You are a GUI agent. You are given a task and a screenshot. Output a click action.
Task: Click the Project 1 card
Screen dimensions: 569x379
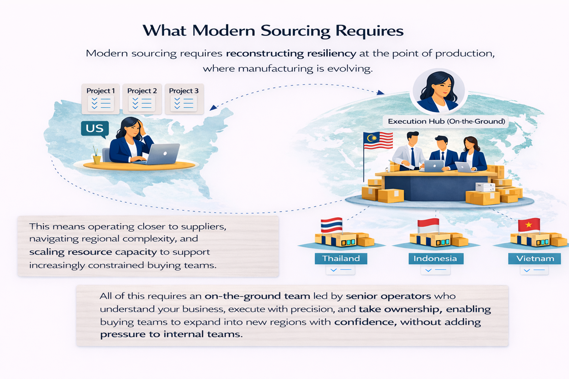100,99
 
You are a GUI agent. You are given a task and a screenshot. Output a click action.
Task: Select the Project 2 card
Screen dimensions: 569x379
142,99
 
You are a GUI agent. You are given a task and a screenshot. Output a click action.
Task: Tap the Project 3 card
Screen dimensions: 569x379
184,99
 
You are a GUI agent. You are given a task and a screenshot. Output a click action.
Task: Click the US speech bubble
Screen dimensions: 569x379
95,129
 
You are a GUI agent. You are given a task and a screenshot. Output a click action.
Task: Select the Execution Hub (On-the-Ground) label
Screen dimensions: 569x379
446,121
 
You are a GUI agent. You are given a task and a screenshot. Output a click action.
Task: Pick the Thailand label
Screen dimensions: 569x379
341,258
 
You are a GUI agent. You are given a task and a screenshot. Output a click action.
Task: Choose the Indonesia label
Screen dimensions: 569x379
435,258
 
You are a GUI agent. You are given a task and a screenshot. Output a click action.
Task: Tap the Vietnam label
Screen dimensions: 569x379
535,258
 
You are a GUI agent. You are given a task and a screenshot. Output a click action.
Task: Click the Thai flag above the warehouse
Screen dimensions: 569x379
331,225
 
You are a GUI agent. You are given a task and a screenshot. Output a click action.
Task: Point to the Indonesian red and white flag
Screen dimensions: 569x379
428,225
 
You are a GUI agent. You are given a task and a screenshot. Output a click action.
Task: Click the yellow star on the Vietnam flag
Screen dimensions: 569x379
529,224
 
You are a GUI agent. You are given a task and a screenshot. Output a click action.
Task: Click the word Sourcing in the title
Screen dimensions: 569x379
295,31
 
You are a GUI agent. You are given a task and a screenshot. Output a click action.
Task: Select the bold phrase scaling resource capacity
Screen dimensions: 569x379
93,252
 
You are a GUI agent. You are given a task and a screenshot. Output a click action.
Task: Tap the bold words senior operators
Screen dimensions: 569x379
388,296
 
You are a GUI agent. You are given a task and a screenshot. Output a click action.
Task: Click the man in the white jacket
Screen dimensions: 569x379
409,152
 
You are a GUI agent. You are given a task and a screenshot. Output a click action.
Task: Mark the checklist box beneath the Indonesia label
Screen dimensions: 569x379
435,270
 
